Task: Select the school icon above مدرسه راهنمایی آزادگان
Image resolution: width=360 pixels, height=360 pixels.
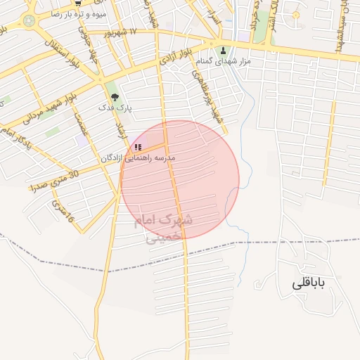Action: point(136,148)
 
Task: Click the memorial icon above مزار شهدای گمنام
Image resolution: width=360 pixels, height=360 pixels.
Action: point(224,51)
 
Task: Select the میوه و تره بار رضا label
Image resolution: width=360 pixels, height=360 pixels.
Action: point(82,13)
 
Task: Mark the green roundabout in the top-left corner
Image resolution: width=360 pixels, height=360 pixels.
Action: point(29,20)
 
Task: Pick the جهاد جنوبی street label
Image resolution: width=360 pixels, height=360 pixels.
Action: point(84,39)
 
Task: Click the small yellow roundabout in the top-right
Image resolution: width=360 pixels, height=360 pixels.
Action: point(296,15)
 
